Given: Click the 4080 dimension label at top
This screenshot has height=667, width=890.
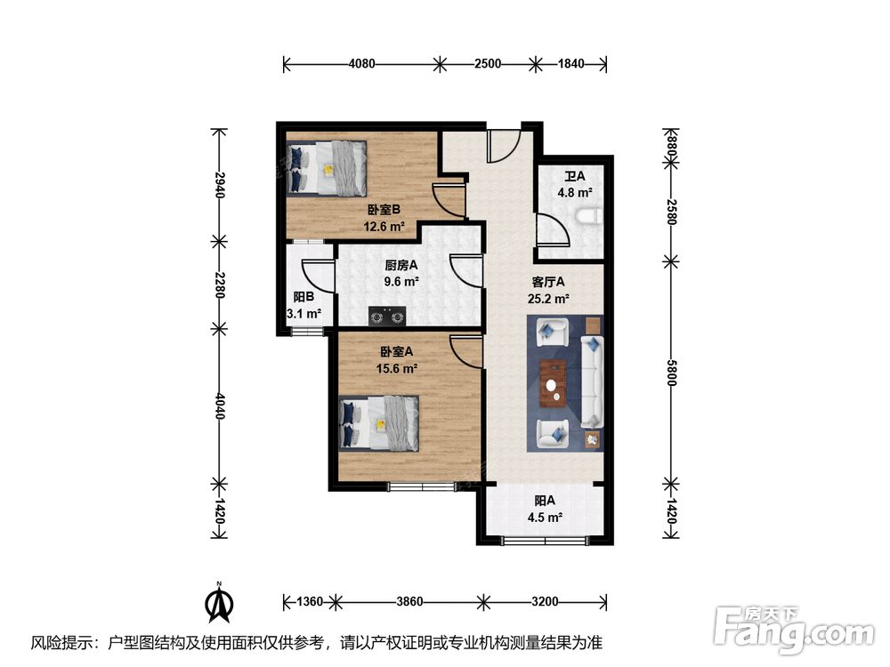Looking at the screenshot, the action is (361, 63).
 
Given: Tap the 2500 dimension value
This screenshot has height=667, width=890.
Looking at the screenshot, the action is (488, 63).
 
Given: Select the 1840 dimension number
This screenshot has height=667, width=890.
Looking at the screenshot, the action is (570, 63).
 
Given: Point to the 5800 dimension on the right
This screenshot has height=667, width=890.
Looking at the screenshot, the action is (671, 373).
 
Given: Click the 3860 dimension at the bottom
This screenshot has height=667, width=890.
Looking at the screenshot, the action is (409, 601).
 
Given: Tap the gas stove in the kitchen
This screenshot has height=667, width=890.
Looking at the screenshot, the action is (388, 317).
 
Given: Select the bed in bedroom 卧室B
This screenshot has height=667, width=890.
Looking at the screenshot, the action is (327, 168).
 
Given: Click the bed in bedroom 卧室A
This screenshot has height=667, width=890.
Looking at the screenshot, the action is (379, 423).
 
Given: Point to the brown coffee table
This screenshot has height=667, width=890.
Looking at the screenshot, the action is (554, 383).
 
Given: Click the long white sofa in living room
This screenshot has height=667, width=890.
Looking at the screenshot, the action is (592, 382).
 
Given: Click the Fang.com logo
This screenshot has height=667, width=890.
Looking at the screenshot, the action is (794, 629).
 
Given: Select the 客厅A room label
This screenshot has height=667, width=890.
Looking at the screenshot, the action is (547, 282).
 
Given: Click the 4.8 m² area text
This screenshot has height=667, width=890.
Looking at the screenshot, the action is (575, 192).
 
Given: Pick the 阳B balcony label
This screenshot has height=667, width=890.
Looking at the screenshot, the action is (303, 297).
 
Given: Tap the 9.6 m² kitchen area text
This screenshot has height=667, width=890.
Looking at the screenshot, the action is (401, 281).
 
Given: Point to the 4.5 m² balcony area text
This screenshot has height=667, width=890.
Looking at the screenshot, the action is (545, 518).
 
